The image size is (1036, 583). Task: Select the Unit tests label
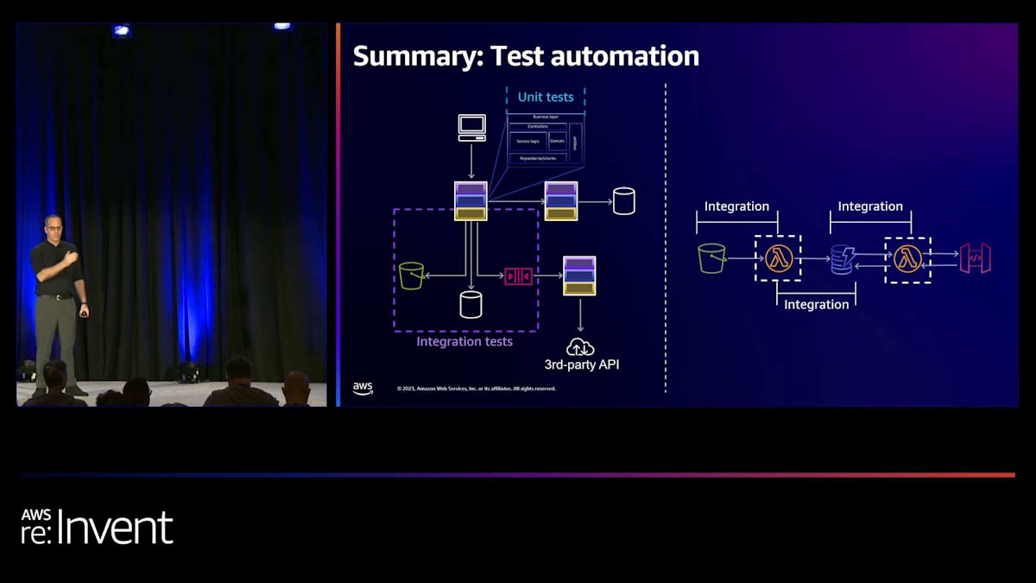tap(546, 97)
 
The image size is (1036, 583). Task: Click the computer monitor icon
tap(471, 127)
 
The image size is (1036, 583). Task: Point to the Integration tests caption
tap(464, 341)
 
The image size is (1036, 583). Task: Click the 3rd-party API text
tap(582, 364)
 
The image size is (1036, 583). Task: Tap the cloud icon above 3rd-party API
tap(580, 346)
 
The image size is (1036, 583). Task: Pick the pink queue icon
tap(518, 276)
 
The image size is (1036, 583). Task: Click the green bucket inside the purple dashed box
tap(411, 276)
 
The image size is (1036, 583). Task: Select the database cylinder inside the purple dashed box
tap(471, 304)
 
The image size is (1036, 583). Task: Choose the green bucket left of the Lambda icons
tap(711, 257)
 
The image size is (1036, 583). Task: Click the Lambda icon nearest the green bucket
tap(778, 258)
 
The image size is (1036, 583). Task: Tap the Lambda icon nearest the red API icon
tap(907, 259)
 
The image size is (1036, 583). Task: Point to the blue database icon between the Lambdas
tap(842, 259)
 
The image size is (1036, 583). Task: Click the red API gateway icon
tap(975, 258)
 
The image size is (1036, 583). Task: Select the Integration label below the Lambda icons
tap(816, 304)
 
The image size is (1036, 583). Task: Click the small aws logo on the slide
tap(363, 388)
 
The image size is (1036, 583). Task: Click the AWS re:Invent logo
tap(97, 526)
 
